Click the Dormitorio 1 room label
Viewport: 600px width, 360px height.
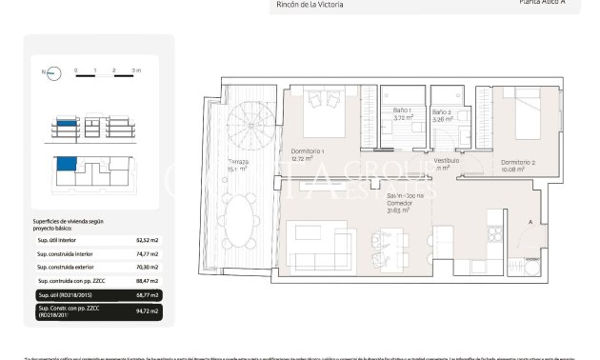tap(309, 155)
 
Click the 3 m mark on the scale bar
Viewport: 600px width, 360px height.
tap(135, 71)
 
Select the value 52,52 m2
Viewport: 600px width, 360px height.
tap(149, 241)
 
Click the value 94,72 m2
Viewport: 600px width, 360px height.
tap(148, 310)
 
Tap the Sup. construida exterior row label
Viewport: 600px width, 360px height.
tap(71, 268)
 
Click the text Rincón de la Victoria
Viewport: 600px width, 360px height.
tap(310, 5)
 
